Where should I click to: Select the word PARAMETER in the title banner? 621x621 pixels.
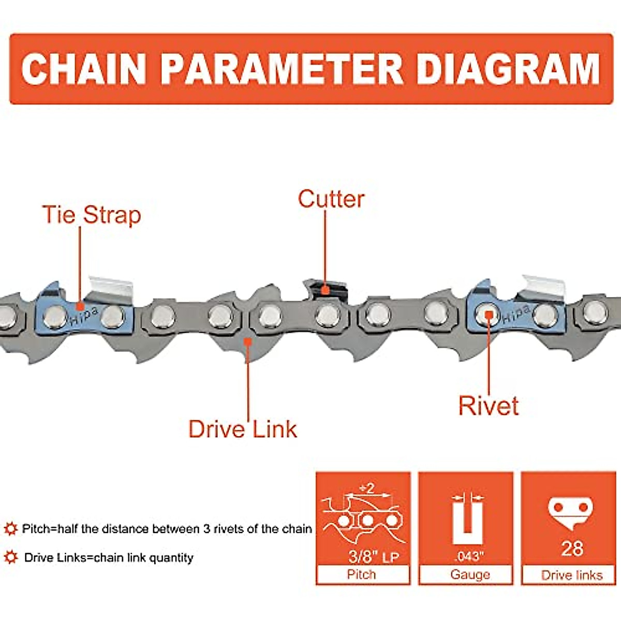point(282,69)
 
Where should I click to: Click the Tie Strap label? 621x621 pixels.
point(91,215)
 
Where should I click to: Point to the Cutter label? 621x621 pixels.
point(331,199)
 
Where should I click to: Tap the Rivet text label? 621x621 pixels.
point(488,406)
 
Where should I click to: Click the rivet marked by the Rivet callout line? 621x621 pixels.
point(486,313)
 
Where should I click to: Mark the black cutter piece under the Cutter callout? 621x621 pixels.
point(325,288)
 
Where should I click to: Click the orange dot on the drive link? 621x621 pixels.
point(248,341)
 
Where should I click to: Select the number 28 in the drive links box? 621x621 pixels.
point(572,549)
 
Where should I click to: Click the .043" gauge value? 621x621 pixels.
point(469,557)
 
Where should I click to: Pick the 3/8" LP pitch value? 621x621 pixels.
point(373,557)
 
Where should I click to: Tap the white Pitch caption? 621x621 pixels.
point(362,574)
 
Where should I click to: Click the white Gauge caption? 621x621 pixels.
point(470,574)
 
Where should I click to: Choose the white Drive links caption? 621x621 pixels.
point(572,575)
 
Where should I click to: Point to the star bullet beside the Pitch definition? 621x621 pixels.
point(10,529)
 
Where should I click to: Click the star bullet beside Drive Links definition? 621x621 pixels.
point(10,557)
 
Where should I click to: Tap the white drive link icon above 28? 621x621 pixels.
point(570,511)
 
